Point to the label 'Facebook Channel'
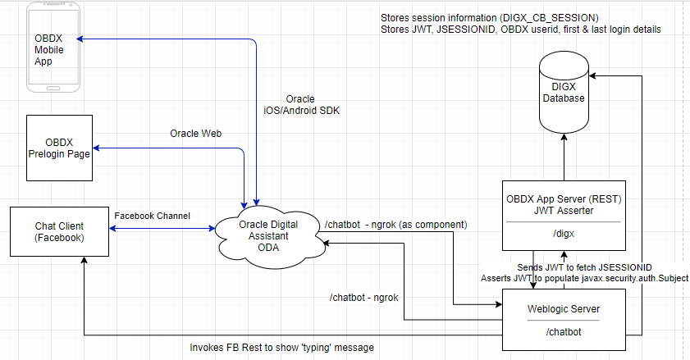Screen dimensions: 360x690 [x=152, y=216]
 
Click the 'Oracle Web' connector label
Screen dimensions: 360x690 [x=196, y=134]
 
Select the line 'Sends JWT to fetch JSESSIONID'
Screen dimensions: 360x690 [x=585, y=267]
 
